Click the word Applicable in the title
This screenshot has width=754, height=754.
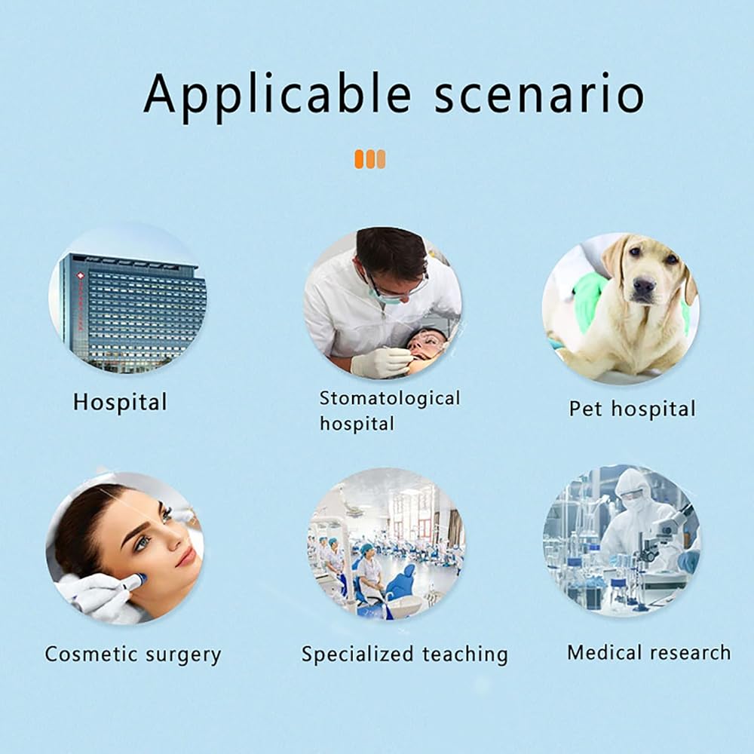[x=277, y=95]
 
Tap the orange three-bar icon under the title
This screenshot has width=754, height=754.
[x=369, y=159]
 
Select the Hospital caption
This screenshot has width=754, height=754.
[x=120, y=403]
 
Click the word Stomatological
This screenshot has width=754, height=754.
[x=390, y=398]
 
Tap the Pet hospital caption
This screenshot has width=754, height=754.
[x=633, y=409]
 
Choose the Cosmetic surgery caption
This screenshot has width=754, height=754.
[x=133, y=654]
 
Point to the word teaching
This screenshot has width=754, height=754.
[x=465, y=654]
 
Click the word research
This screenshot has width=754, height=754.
[x=690, y=652]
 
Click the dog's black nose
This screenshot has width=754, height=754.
[x=645, y=287]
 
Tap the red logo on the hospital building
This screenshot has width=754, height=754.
[x=80, y=276]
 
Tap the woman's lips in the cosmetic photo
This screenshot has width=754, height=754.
[x=185, y=557]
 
